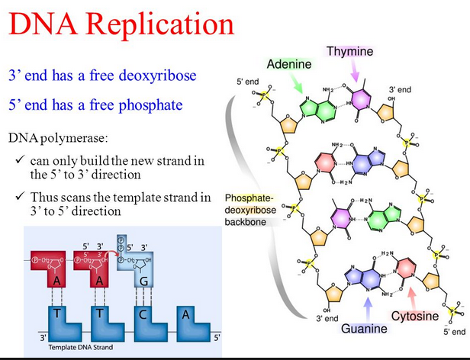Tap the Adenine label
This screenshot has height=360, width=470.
[x=288, y=63]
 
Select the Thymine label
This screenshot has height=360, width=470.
[x=350, y=51]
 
